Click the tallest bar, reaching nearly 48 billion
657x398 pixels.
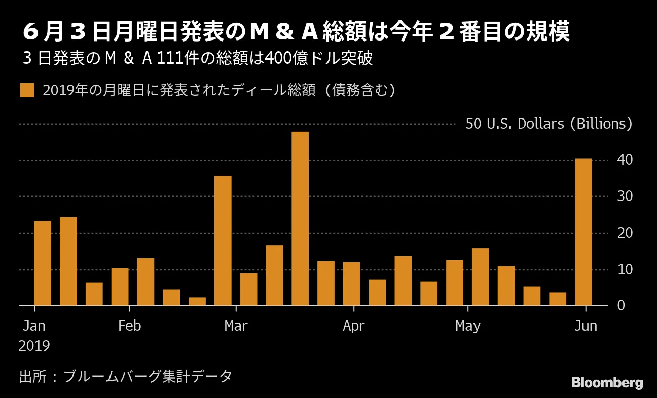point(300,219)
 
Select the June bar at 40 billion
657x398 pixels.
point(583,232)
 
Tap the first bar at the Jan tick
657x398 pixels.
point(43,263)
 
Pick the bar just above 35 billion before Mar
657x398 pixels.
point(223,241)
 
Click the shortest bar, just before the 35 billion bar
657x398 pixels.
point(197,301)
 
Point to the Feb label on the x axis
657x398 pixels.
point(129,326)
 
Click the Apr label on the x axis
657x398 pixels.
point(353,326)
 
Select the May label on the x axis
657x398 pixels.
point(467,326)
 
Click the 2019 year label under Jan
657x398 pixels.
point(34,346)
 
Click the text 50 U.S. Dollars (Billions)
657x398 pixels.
point(549,124)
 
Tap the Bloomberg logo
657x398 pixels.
point(607,383)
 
